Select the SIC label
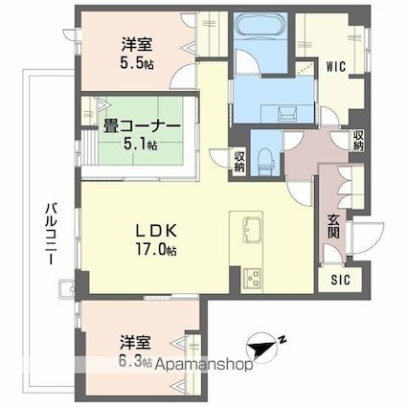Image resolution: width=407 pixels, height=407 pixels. tap(341, 281)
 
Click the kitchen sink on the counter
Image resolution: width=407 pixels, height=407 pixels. tap(252, 229)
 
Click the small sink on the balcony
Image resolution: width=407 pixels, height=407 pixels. tap(65, 288)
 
